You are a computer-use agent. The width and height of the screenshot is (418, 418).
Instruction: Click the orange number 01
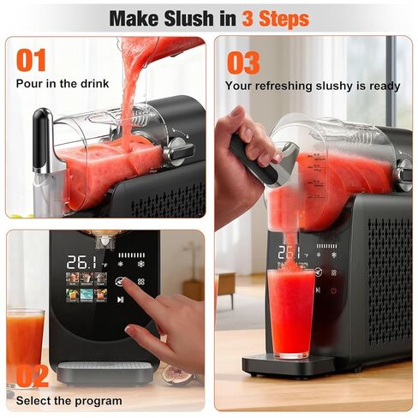coord(33,60)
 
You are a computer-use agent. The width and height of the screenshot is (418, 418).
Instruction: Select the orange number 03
coord(243,62)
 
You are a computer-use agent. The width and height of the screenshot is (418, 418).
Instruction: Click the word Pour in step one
coord(30,83)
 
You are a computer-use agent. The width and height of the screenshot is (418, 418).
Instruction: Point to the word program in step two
coord(88,399)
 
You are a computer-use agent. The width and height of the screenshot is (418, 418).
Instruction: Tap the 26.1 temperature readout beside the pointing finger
coord(82,261)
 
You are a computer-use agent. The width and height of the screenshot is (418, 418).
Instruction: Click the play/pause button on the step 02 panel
coord(120,300)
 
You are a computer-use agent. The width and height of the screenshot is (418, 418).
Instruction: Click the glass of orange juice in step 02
coord(25,342)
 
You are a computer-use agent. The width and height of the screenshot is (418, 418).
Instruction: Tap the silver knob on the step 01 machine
coord(178,150)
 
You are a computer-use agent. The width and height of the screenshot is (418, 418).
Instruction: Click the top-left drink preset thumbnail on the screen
coord(73,278)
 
